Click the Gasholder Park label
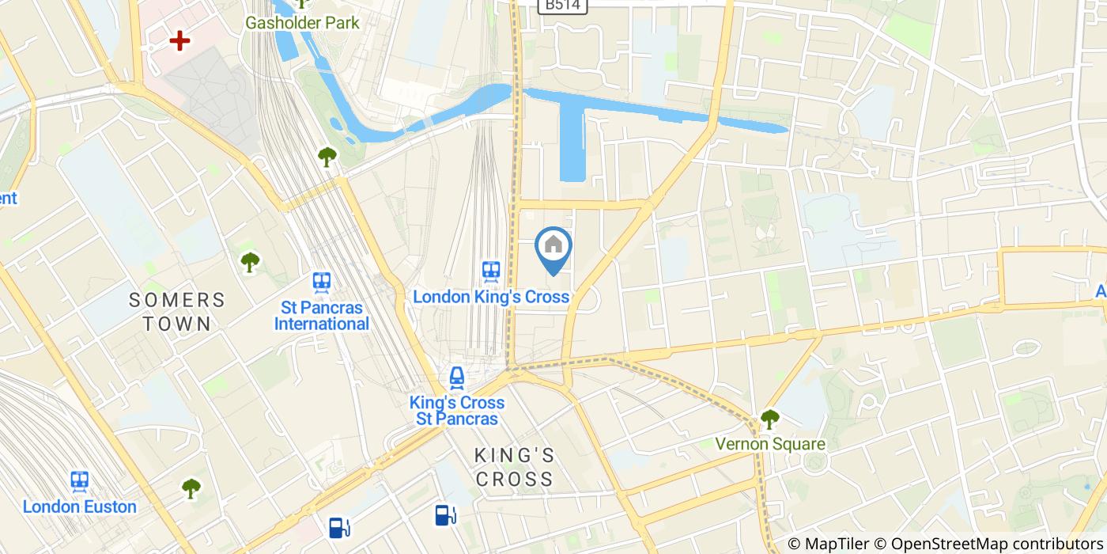(302, 23)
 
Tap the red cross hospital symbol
(180, 40)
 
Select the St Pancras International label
(322, 316)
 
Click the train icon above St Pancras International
(321, 282)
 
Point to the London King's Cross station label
(491, 297)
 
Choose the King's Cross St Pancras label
(456, 411)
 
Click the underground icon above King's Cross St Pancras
(456, 377)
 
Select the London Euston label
(80, 507)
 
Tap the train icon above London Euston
(79, 480)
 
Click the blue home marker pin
(553, 247)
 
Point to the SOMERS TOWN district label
(177, 312)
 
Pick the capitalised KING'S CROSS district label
(514, 467)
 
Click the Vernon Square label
(769, 444)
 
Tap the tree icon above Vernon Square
(769, 419)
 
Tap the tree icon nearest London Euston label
(191, 488)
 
